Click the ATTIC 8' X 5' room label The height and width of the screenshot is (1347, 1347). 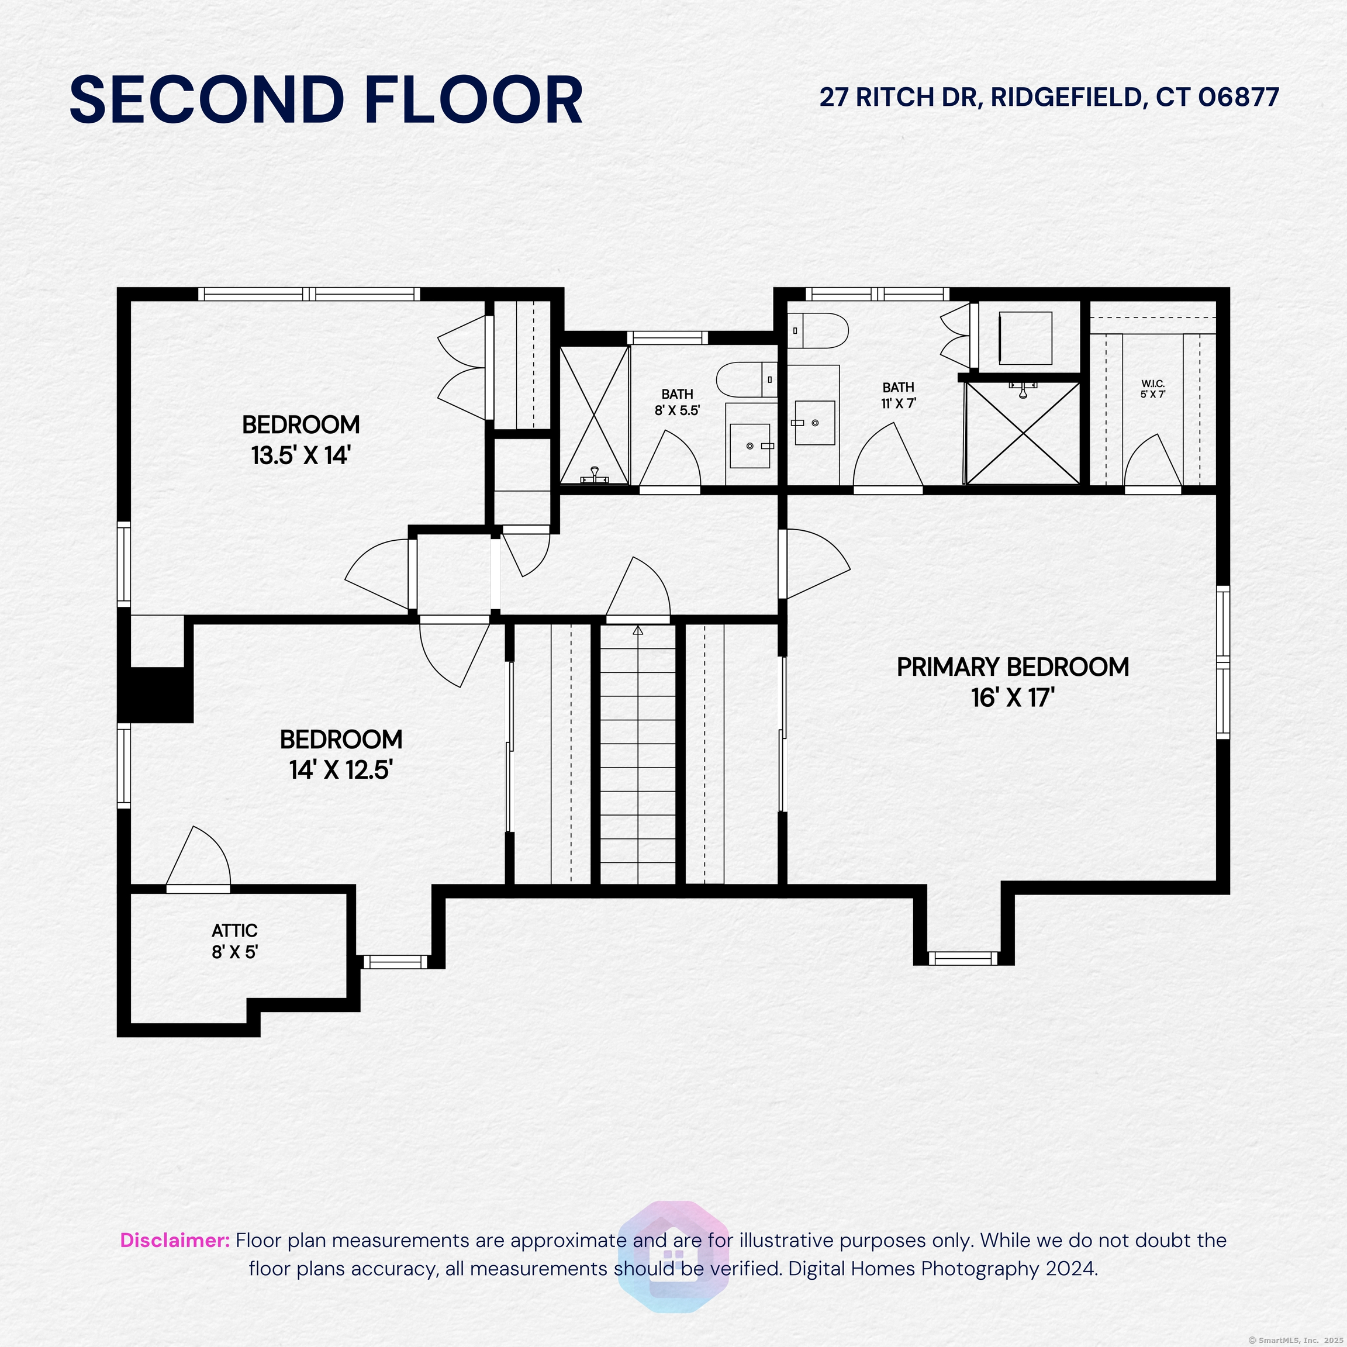click(235, 941)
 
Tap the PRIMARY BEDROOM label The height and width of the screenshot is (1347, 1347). click(1013, 667)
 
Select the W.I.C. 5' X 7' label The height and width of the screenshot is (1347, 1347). click(1153, 389)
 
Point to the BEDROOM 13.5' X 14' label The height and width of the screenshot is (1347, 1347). click(301, 440)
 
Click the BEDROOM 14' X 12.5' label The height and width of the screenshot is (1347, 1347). click(341, 754)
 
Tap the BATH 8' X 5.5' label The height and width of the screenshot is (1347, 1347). click(677, 403)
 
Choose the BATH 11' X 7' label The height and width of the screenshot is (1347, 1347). click(898, 395)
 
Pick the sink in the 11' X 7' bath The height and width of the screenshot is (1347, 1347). click(815, 423)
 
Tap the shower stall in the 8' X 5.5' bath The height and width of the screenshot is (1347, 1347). click(595, 416)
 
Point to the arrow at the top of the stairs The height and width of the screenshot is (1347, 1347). click(638, 630)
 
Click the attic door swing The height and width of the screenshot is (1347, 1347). click(199, 857)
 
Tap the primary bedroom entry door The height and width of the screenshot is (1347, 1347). click(814, 564)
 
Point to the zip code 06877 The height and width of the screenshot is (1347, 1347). click(1238, 97)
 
